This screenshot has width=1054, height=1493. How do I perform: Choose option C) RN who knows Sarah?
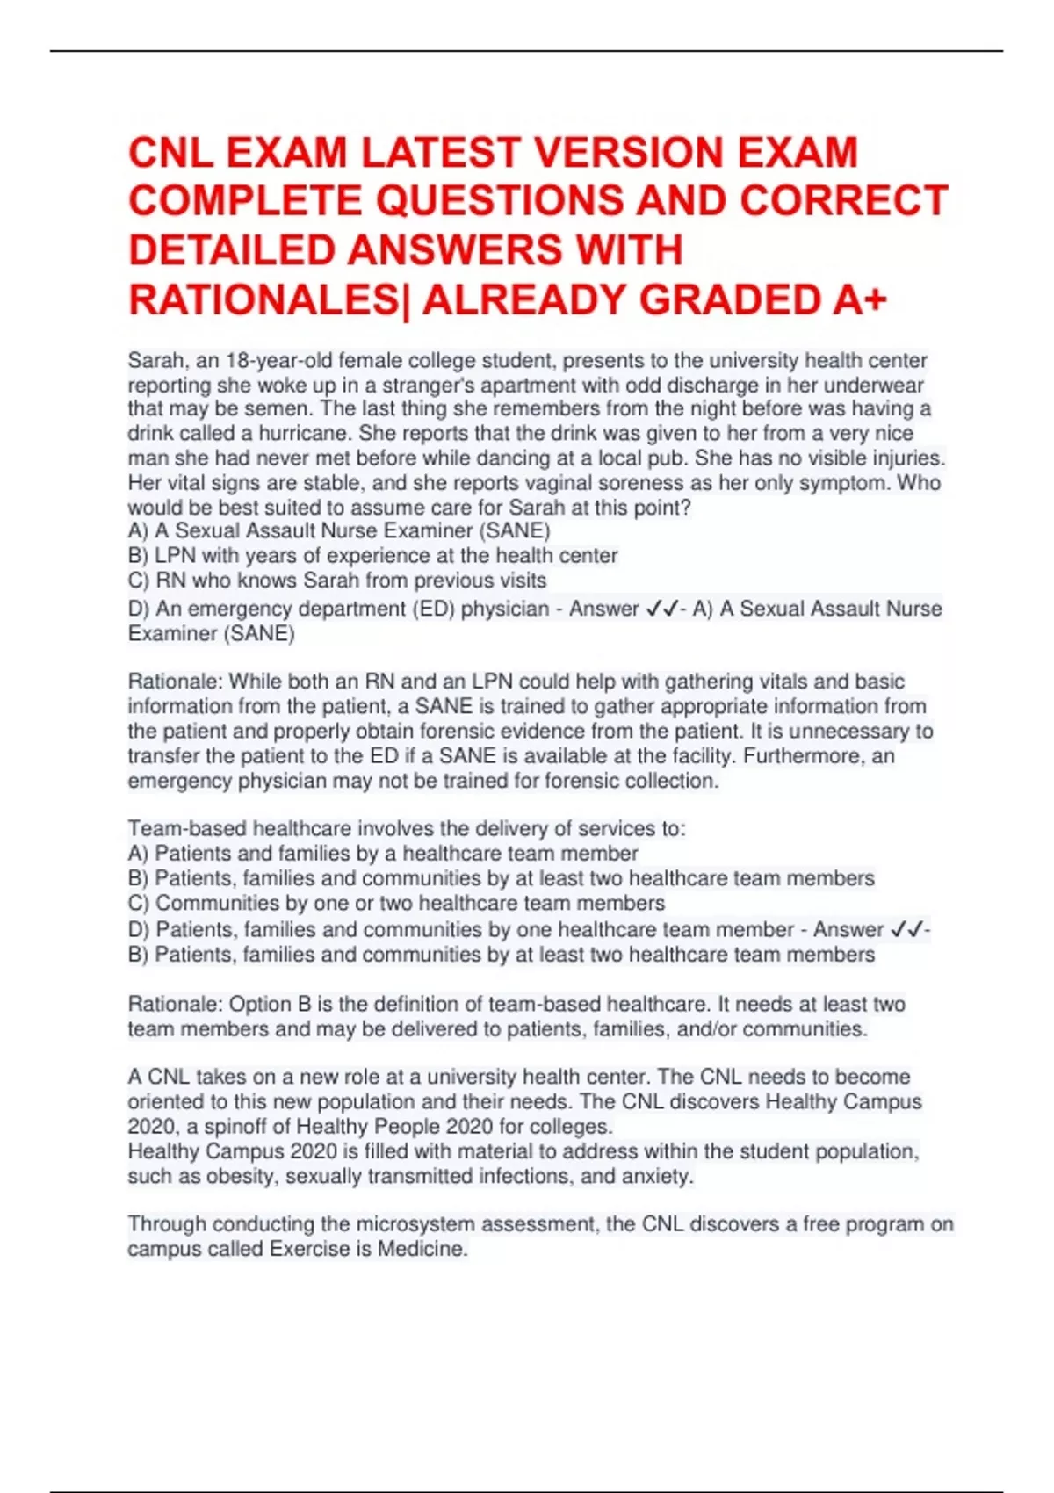click(337, 581)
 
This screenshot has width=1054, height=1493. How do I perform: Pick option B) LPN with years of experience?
click(372, 556)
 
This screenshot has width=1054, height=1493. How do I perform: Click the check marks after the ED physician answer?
click(661, 609)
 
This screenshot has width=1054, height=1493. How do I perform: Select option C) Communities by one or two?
click(396, 903)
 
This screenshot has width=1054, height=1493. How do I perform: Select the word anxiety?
click(659, 1177)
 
